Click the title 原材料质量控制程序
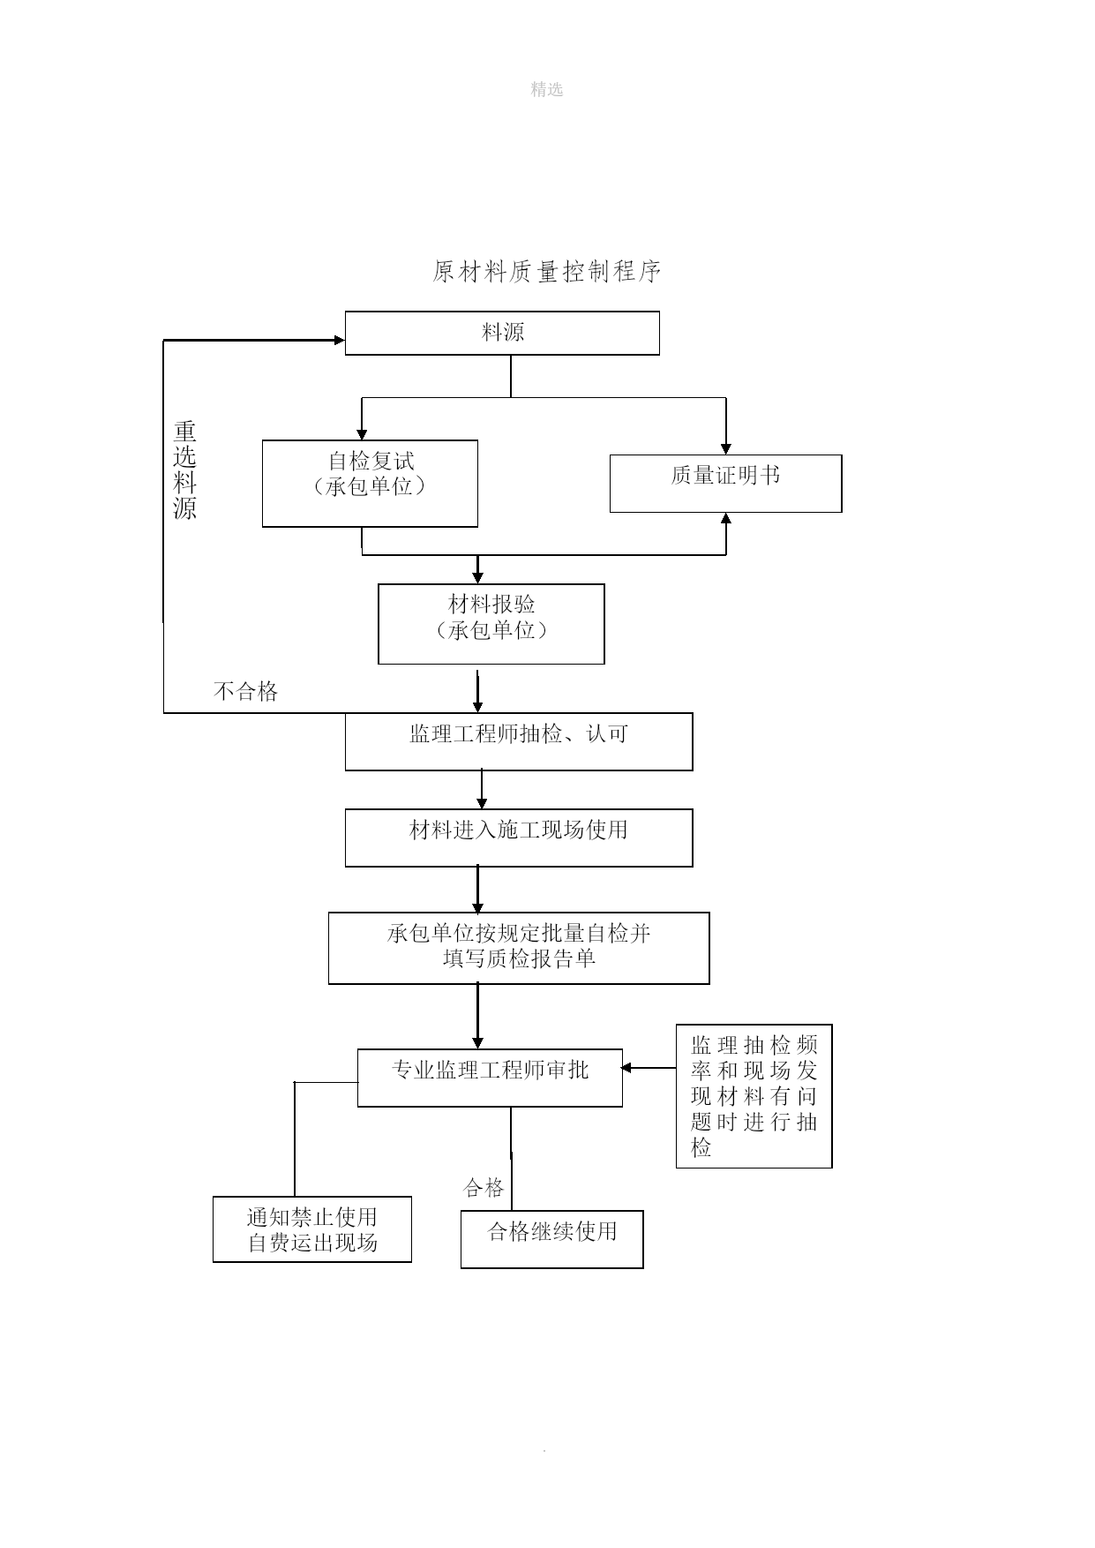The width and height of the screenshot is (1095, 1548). pyautogui.click(x=547, y=272)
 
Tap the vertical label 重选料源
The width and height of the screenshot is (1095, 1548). pyautogui.click(x=184, y=470)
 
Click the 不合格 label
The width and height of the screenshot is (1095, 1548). pyautogui.click(x=246, y=691)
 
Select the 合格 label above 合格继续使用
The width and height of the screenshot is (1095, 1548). pyautogui.click(x=484, y=1188)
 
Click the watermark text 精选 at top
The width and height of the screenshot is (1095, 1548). pyautogui.click(x=547, y=89)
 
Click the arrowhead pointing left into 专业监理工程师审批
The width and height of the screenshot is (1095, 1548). pyautogui.click(x=626, y=1068)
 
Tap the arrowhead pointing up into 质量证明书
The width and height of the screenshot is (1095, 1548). pyautogui.click(x=726, y=519)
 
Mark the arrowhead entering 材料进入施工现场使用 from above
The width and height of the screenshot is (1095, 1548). pyautogui.click(x=482, y=803)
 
